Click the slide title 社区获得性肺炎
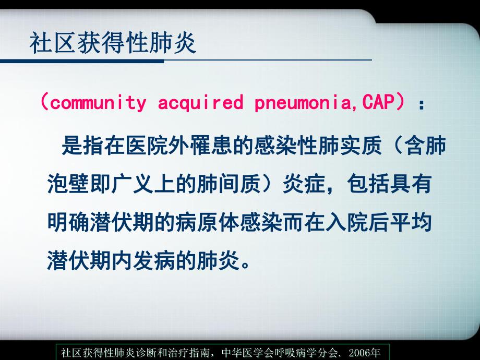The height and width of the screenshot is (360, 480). point(113,43)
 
